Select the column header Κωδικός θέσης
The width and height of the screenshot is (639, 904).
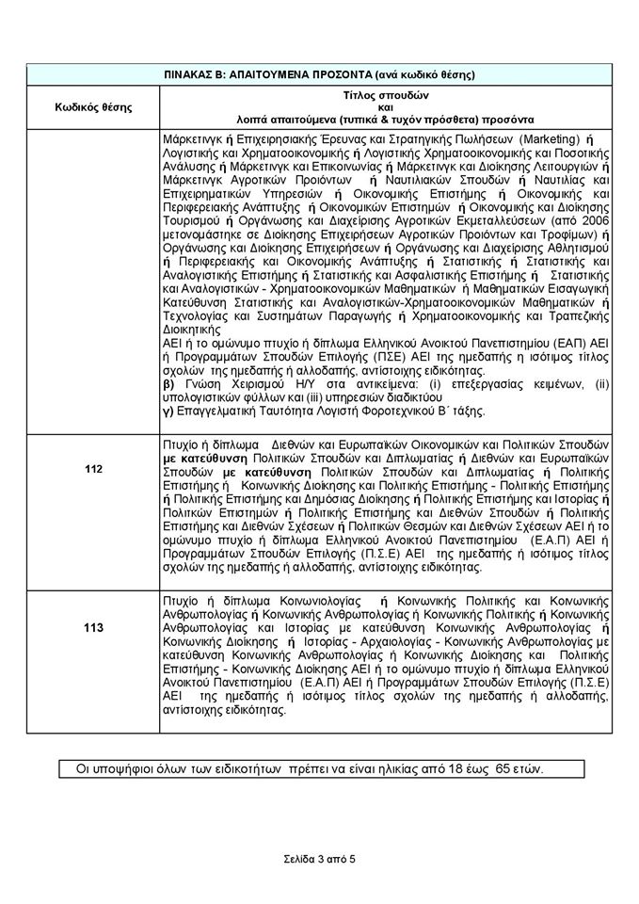94,106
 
